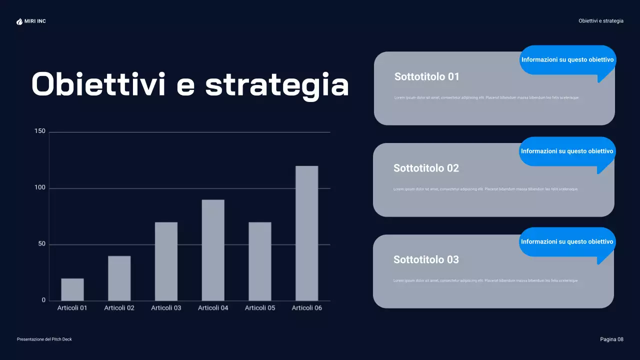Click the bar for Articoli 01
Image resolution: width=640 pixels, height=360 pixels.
click(72, 289)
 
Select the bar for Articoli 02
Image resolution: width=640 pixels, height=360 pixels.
click(119, 278)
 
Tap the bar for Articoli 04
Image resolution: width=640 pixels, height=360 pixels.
click(213, 250)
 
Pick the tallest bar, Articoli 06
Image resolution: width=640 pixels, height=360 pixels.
click(307, 233)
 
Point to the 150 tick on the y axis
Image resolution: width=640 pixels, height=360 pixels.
click(40, 131)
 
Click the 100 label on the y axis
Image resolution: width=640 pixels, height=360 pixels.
click(40, 188)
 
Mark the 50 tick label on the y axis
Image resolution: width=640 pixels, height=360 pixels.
click(41, 244)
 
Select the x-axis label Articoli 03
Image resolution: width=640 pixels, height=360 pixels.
click(166, 308)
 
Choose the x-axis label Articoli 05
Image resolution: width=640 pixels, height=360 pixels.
click(260, 308)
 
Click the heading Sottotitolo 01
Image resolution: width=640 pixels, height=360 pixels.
click(426, 77)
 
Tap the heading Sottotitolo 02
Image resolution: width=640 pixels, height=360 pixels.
click(426, 168)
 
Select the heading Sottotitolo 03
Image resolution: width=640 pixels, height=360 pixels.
click(426, 260)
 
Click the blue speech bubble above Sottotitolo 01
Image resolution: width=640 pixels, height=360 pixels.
click(567, 60)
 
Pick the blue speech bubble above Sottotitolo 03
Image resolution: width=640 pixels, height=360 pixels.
click(567, 242)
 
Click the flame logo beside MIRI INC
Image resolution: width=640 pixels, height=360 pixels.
click(19, 21)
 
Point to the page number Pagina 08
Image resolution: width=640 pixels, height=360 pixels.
click(611, 339)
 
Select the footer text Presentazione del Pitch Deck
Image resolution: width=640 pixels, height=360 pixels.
click(44, 339)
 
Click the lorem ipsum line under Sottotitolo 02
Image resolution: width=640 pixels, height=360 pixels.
click(485, 189)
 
